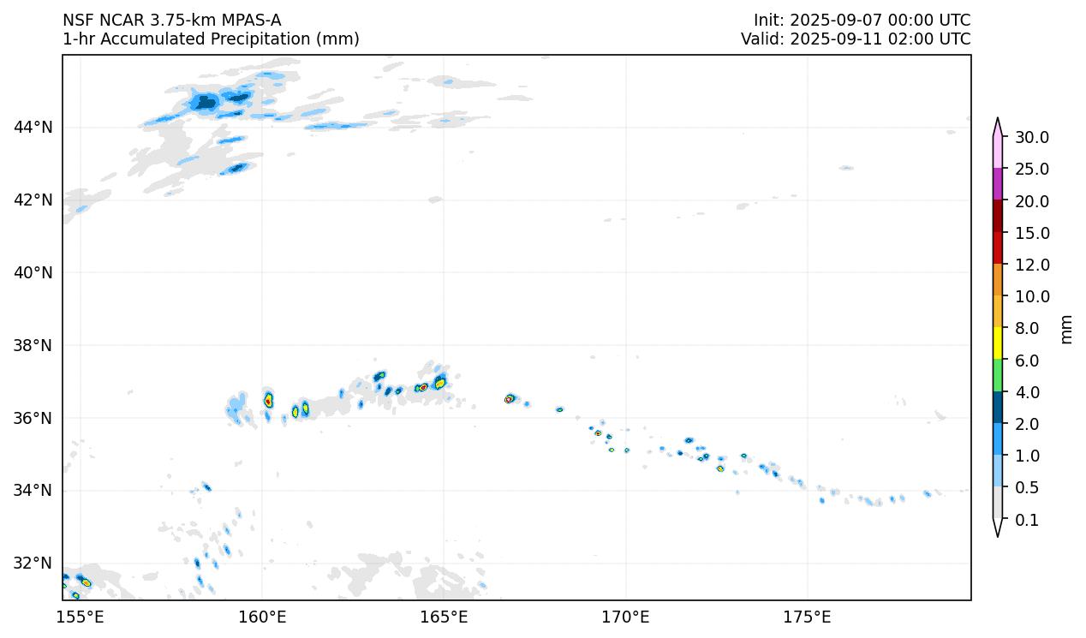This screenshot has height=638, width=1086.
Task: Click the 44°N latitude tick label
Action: click(33, 128)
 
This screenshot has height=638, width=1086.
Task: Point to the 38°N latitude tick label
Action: click(33, 346)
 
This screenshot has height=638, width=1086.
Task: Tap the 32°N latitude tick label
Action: click(33, 563)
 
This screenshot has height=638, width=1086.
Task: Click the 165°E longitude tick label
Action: click(444, 617)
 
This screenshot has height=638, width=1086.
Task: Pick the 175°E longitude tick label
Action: click(807, 617)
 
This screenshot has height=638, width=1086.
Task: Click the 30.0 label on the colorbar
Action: click(1031, 138)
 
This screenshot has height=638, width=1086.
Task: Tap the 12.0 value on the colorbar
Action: click(1031, 265)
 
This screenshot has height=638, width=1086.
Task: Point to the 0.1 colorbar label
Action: click(1026, 521)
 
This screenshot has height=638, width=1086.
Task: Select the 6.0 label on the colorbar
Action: click(1026, 361)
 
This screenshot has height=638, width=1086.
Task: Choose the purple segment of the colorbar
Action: click(998, 183)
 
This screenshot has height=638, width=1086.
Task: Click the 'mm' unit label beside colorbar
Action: click(1066, 329)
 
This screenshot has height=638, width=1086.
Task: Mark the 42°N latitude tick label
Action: click(33, 200)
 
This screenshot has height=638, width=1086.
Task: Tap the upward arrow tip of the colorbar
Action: click(998, 120)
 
